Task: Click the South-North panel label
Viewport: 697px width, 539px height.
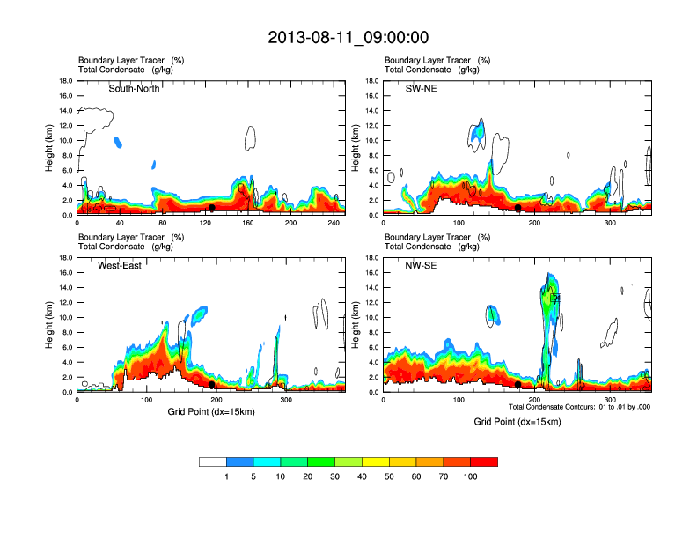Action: (x=134, y=89)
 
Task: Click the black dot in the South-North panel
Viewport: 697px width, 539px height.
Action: (x=211, y=208)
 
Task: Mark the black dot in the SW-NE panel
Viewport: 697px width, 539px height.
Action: (x=518, y=208)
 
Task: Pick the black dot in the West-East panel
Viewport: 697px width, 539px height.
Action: (x=211, y=384)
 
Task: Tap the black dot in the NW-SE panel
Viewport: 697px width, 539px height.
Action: (x=518, y=384)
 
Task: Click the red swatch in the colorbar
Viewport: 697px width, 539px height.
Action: (x=484, y=461)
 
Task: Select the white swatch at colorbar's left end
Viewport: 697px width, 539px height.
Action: (x=213, y=461)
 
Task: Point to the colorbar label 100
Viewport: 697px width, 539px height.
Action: (x=470, y=476)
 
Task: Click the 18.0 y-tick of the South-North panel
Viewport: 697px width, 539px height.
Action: (x=65, y=81)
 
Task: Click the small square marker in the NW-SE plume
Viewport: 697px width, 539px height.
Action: (x=555, y=299)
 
